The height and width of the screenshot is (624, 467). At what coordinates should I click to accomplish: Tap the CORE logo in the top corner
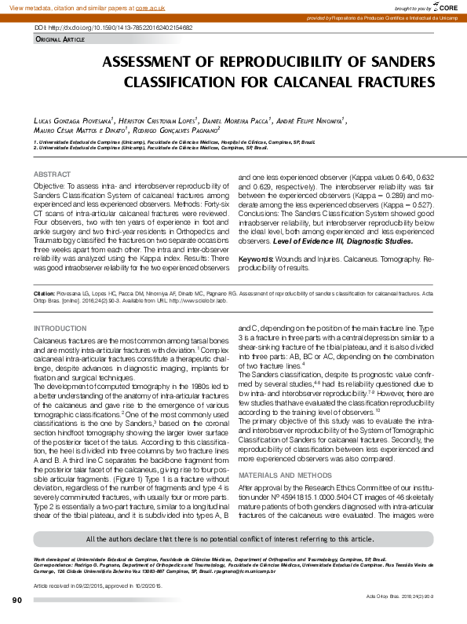(x=444, y=7)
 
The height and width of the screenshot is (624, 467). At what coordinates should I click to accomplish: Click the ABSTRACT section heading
(x=52, y=174)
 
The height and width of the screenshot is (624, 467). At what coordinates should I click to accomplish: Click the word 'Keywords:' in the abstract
(x=256, y=258)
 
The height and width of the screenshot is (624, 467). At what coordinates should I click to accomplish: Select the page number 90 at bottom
(x=17, y=601)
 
